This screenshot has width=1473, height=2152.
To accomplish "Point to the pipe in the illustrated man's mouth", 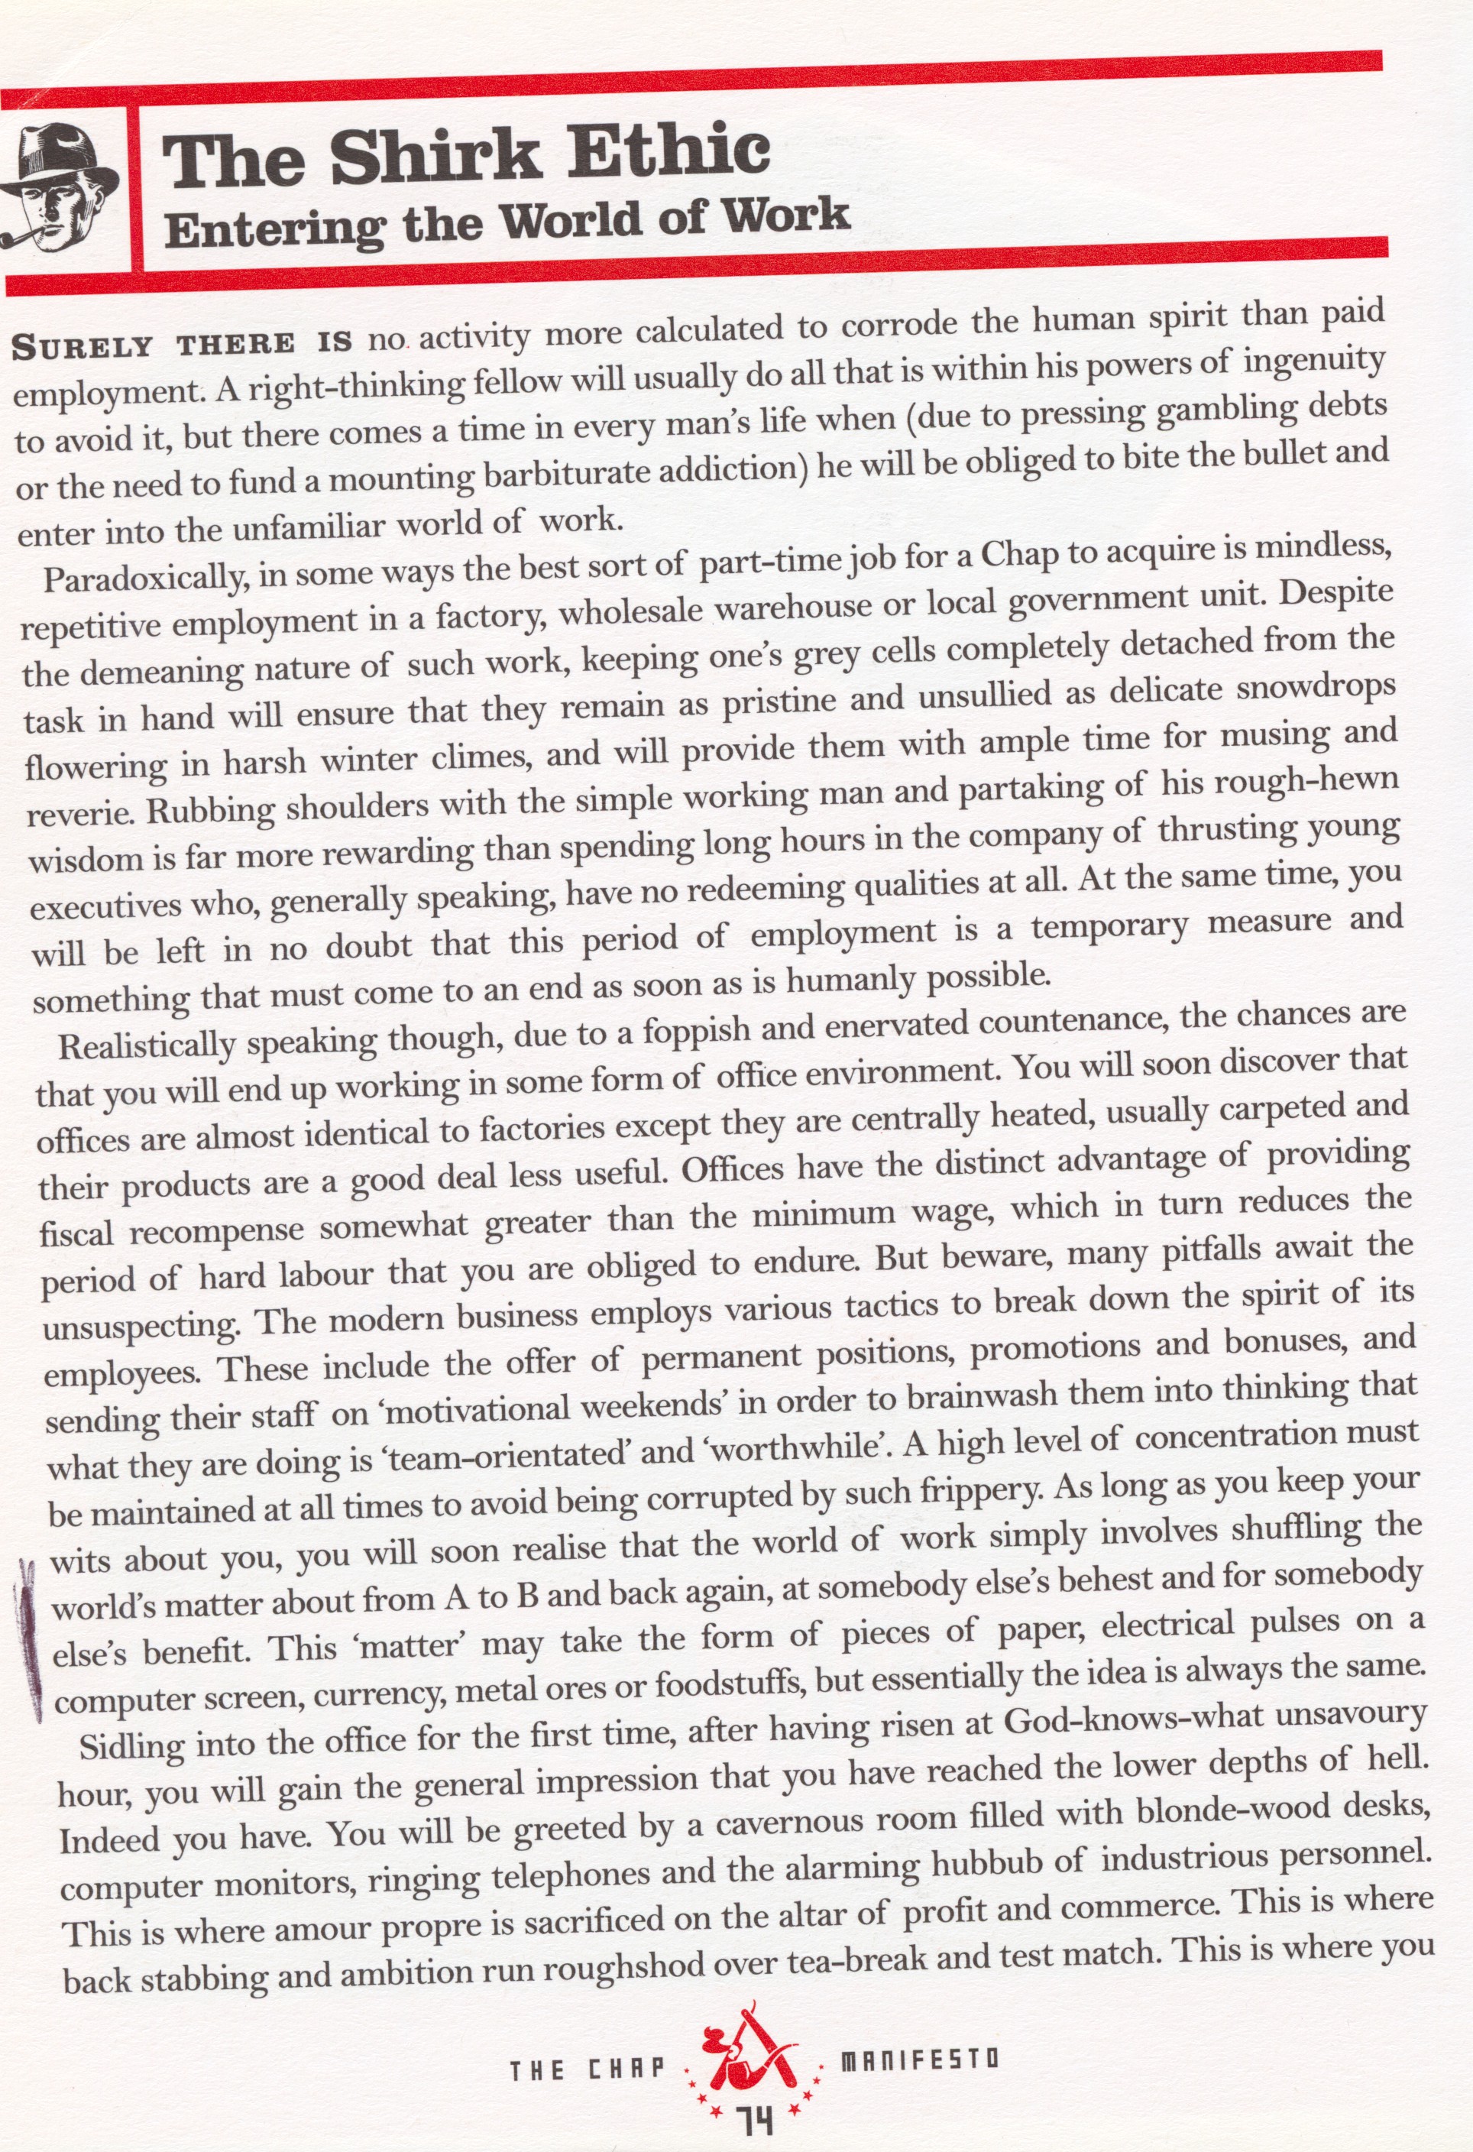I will point(23,241).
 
